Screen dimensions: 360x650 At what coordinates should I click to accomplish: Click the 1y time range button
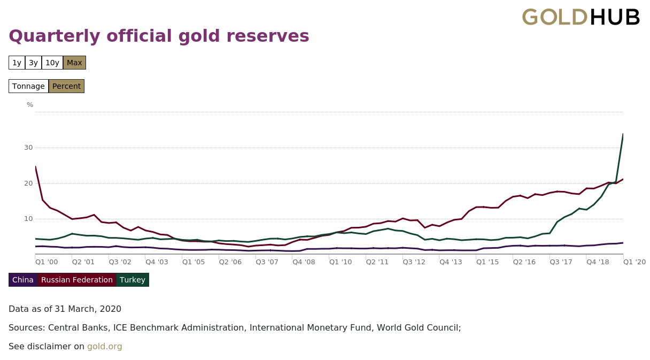click(x=17, y=63)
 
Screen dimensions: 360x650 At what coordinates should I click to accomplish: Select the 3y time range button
click(x=33, y=63)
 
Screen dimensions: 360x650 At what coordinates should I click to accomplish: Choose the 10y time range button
click(x=52, y=63)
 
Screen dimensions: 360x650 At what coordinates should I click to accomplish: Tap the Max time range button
click(x=74, y=63)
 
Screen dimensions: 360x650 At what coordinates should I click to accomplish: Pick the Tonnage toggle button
click(x=28, y=86)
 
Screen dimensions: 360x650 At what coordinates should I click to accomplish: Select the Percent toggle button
click(x=66, y=86)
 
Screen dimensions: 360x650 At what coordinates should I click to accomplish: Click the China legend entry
click(x=23, y=280)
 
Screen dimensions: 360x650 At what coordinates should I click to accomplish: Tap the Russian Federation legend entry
click(x=77, y=280)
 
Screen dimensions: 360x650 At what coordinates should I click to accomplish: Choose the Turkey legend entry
click(x=133, y=280)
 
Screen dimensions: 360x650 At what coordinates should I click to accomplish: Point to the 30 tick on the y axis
click(x=28, y=148)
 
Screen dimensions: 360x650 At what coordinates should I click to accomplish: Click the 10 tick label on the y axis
click(x=28, y=219)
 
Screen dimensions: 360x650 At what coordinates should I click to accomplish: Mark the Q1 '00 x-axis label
click(x=47, y=262)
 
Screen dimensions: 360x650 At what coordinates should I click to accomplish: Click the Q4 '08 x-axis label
click(x=304, y=262)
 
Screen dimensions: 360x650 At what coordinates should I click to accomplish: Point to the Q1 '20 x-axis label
click(x=634, y=262)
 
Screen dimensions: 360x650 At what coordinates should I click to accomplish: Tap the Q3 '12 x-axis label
click(x=414, y=262)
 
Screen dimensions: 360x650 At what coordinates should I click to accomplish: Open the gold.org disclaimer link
click(x=105, y=347)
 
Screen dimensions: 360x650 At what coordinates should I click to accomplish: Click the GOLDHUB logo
click(x=581, y=18)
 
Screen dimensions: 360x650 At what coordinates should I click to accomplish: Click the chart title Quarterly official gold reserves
click(x=159, y=36)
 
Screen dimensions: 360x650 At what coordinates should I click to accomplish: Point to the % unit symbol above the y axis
click(x=30, y=105)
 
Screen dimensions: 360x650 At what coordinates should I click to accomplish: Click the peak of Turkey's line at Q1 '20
click(x=623, y=134)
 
